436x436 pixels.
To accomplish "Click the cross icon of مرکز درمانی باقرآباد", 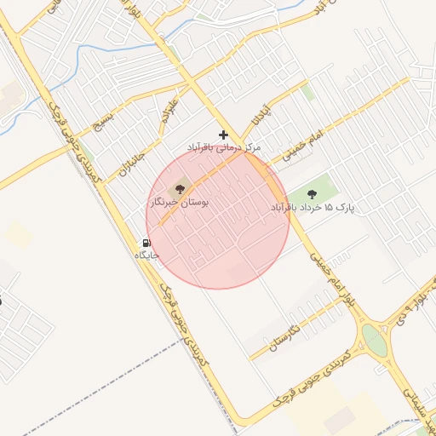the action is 224,135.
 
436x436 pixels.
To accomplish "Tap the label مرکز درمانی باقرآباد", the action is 224,148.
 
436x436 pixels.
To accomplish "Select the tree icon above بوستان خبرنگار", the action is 180,187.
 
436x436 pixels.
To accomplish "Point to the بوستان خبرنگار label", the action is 180,204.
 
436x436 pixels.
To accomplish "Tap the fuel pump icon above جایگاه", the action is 146,243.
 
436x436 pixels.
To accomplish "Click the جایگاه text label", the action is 147,255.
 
